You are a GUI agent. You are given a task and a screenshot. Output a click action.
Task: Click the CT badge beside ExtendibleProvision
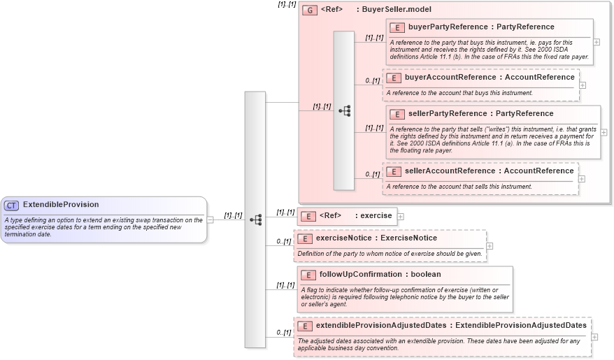tap(12, 206)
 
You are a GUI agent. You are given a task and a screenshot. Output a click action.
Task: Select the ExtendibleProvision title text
tap(61, 205)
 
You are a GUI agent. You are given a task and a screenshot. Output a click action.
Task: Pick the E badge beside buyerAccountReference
tap(394, 78)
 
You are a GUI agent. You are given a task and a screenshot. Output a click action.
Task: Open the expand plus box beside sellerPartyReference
tap(604, 132)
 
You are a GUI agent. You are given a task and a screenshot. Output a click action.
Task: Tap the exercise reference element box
tap(347, 216)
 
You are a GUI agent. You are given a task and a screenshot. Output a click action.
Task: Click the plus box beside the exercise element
tap(401, 217)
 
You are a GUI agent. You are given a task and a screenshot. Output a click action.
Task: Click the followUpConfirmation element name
tap(361, 275)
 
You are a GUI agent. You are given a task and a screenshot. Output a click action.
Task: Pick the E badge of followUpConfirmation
tap(308, 275)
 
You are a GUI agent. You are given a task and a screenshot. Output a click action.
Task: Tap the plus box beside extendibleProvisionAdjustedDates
tap(595, 337)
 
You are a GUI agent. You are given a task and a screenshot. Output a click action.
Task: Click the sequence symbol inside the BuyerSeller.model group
tap(344, 110)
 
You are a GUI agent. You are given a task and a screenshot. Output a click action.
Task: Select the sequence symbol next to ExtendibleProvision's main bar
tap(255, 219)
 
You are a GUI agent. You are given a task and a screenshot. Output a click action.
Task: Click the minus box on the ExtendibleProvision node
tap(210, 219)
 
